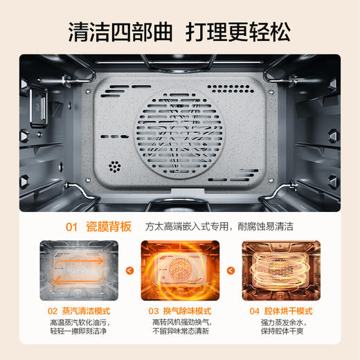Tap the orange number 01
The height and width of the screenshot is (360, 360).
71,225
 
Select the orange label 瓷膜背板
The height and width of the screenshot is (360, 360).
109,225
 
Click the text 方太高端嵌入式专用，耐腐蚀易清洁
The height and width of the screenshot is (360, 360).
225,226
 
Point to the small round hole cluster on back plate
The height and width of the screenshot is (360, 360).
115,168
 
